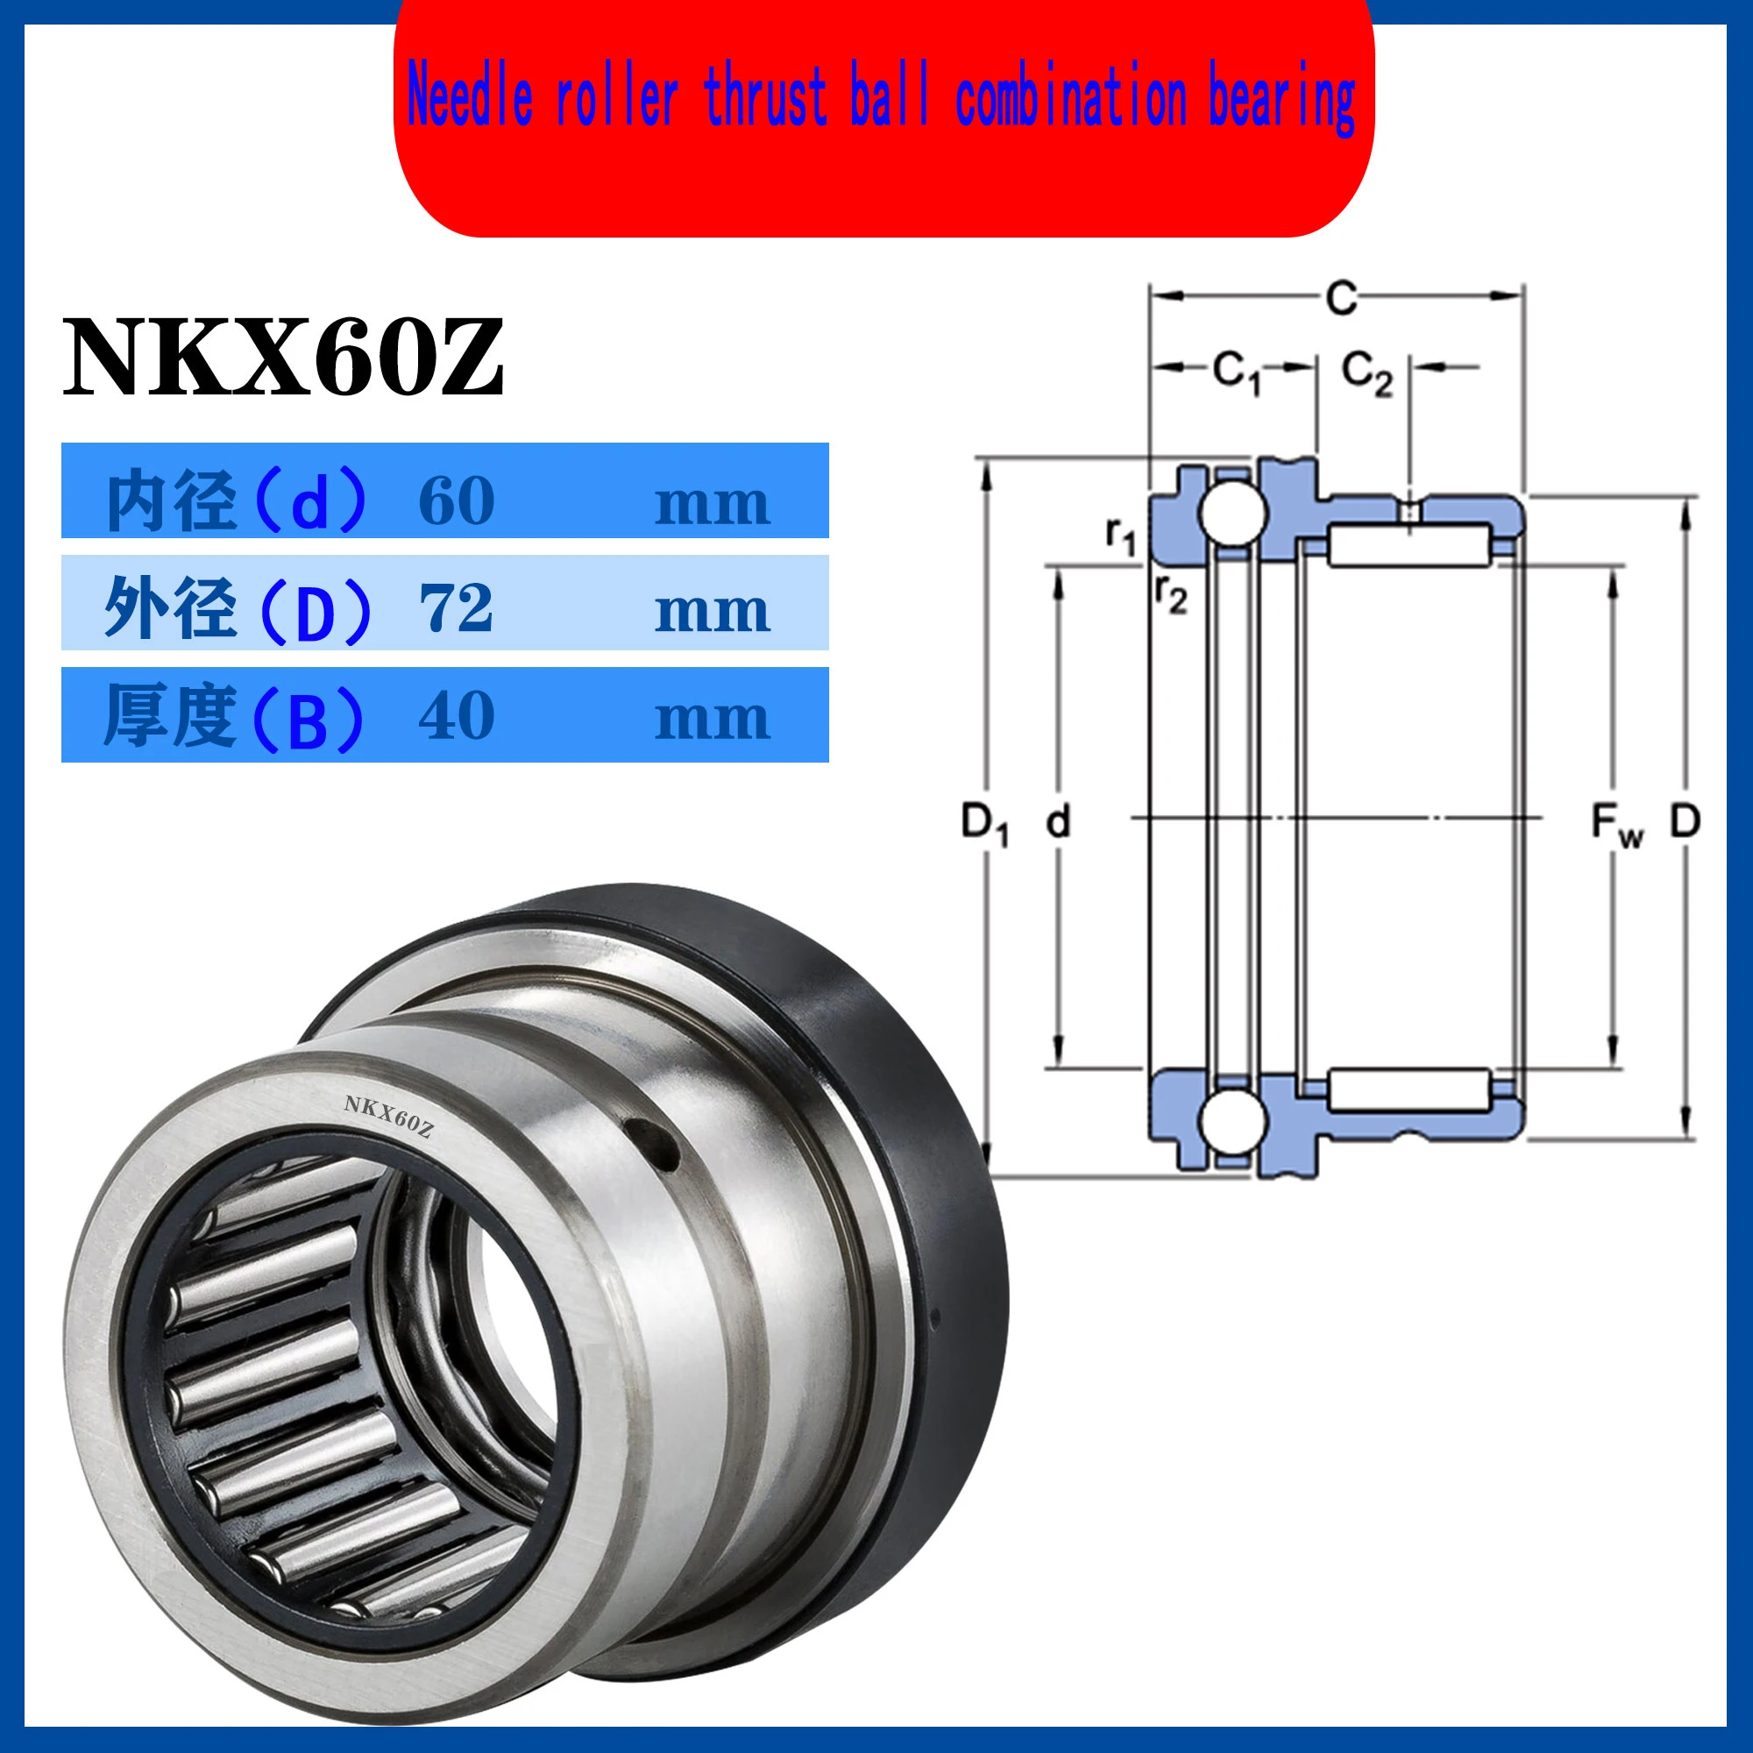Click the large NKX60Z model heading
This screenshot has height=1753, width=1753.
click(283, 357)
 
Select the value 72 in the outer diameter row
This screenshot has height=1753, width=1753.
click(457, 608)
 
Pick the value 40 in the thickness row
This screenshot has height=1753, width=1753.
click(457, 716)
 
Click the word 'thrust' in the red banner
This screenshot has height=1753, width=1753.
click(766, 96)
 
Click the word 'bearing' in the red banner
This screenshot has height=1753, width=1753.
click(1282, 100)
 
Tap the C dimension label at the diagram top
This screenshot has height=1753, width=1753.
click(1341, 297)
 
